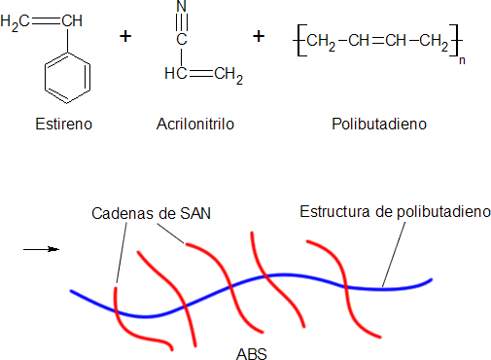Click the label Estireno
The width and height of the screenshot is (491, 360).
coord(63,126)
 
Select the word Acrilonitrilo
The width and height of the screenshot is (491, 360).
coord(194,126)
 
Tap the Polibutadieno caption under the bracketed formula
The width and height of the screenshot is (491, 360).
coord(378,126)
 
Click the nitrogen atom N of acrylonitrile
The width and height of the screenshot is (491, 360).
coord(181,8)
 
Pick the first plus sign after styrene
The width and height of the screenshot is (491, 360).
coord(124,36)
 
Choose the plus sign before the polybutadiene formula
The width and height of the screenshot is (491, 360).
coord(259,36)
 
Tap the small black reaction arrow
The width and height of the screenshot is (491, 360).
coord(41,249)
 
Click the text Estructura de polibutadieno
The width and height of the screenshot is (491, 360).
coord(396,211)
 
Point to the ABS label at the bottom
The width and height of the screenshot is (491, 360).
coord(251,352)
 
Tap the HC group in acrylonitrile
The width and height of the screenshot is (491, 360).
coord(175,73)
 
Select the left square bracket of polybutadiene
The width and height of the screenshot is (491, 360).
coord(296,40)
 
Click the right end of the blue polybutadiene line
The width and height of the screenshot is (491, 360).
coord(428,281)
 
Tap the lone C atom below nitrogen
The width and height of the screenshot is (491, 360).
coord(181,40)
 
